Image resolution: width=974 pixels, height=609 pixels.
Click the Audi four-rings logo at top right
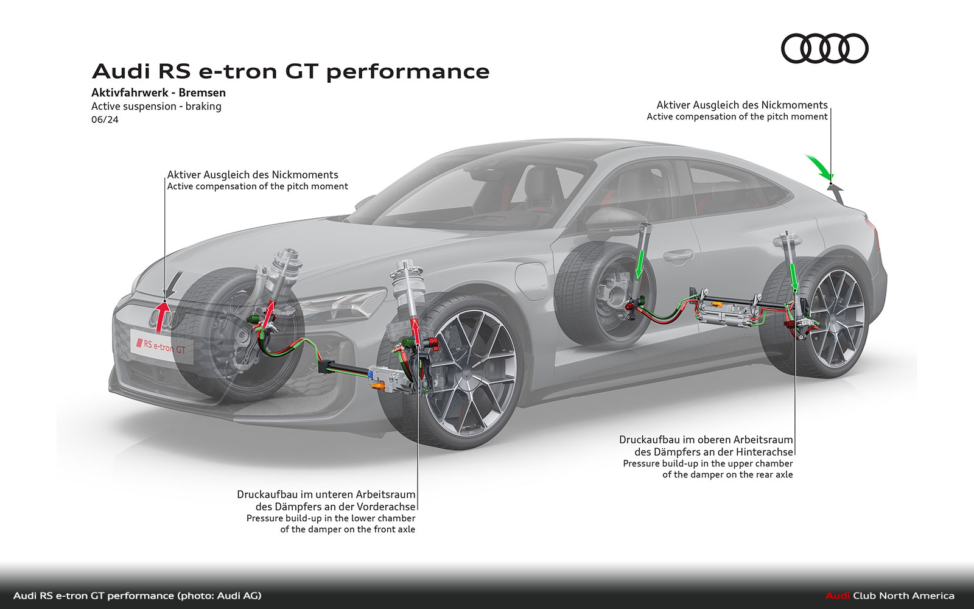pos(824,49)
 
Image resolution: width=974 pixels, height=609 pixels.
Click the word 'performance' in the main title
pos(408,72)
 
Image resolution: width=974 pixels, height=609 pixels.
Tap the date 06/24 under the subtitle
pos(105,119)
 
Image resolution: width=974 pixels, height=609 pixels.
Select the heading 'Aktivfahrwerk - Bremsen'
pos(158,93)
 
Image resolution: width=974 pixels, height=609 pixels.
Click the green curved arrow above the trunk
pos(819,167)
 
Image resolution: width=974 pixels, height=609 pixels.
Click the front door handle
pos(678,254)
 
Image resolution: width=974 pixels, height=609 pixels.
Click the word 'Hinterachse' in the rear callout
pos(765,452)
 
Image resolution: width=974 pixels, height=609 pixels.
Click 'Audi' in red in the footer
pos(837,596)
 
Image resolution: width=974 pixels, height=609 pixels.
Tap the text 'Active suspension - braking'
pos(156,106)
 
